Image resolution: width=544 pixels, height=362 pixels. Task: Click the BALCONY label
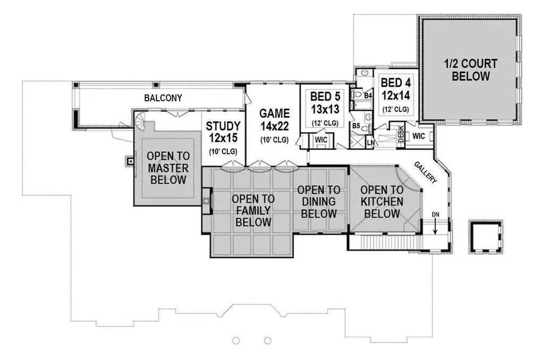pos(163,98)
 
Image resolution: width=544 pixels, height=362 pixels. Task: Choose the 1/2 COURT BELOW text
pos(470,70)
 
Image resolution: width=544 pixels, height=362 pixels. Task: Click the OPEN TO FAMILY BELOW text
pos(253,210)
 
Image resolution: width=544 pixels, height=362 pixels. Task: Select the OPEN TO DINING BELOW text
pos(318,202)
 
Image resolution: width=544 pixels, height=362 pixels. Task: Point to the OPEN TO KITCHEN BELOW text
pos(381,202)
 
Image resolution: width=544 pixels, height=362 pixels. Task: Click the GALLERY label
pos(426,172)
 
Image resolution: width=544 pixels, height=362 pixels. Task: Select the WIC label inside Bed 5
pos(321,140)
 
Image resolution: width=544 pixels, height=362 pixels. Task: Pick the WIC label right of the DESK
pos(419,136)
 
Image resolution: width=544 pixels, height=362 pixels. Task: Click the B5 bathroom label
pos(355,126)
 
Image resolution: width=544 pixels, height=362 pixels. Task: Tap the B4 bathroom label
pos(368,96)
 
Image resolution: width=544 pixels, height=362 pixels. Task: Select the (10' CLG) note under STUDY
pos(223,151)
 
